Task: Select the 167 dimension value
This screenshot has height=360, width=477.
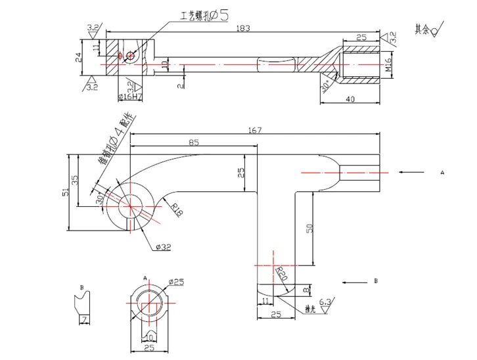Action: [x=255, y=130]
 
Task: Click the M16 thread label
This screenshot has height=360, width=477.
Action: [x=388, y=66]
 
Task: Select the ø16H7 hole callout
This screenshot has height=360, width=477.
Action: [x=129, y=97]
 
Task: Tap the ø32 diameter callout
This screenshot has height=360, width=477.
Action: [x=164, y=247]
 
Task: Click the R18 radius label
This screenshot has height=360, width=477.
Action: [x=177, y=210]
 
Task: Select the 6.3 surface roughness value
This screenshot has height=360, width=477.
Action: [x=325, y=303]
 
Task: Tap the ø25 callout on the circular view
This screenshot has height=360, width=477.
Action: [x=176, y=282]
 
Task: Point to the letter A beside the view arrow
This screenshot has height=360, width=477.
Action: [x=442, y=172]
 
